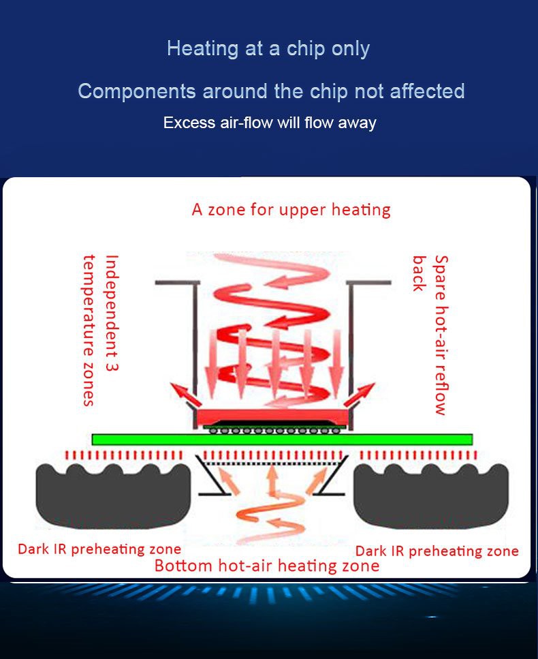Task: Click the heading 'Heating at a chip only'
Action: click(x=268, y=49)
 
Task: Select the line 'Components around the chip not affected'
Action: click(x=271, y=91)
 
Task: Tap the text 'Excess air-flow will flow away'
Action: click(x=270, y=123)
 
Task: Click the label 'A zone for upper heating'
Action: click(x=291, y=209)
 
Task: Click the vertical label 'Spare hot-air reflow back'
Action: click(x=430, y=334)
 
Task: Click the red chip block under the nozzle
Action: click(x=272, y=416)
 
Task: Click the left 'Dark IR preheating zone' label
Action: click(x=99, y=549)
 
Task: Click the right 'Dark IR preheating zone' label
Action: click(x=437, y=551)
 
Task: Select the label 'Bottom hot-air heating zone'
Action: click(x=266, y=566)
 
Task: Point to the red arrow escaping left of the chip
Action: click(x=181, y=395)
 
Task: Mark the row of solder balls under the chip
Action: click(x=272, y=430)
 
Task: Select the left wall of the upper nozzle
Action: click(x=195, y=341)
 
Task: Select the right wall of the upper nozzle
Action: click(x=351, y=341)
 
